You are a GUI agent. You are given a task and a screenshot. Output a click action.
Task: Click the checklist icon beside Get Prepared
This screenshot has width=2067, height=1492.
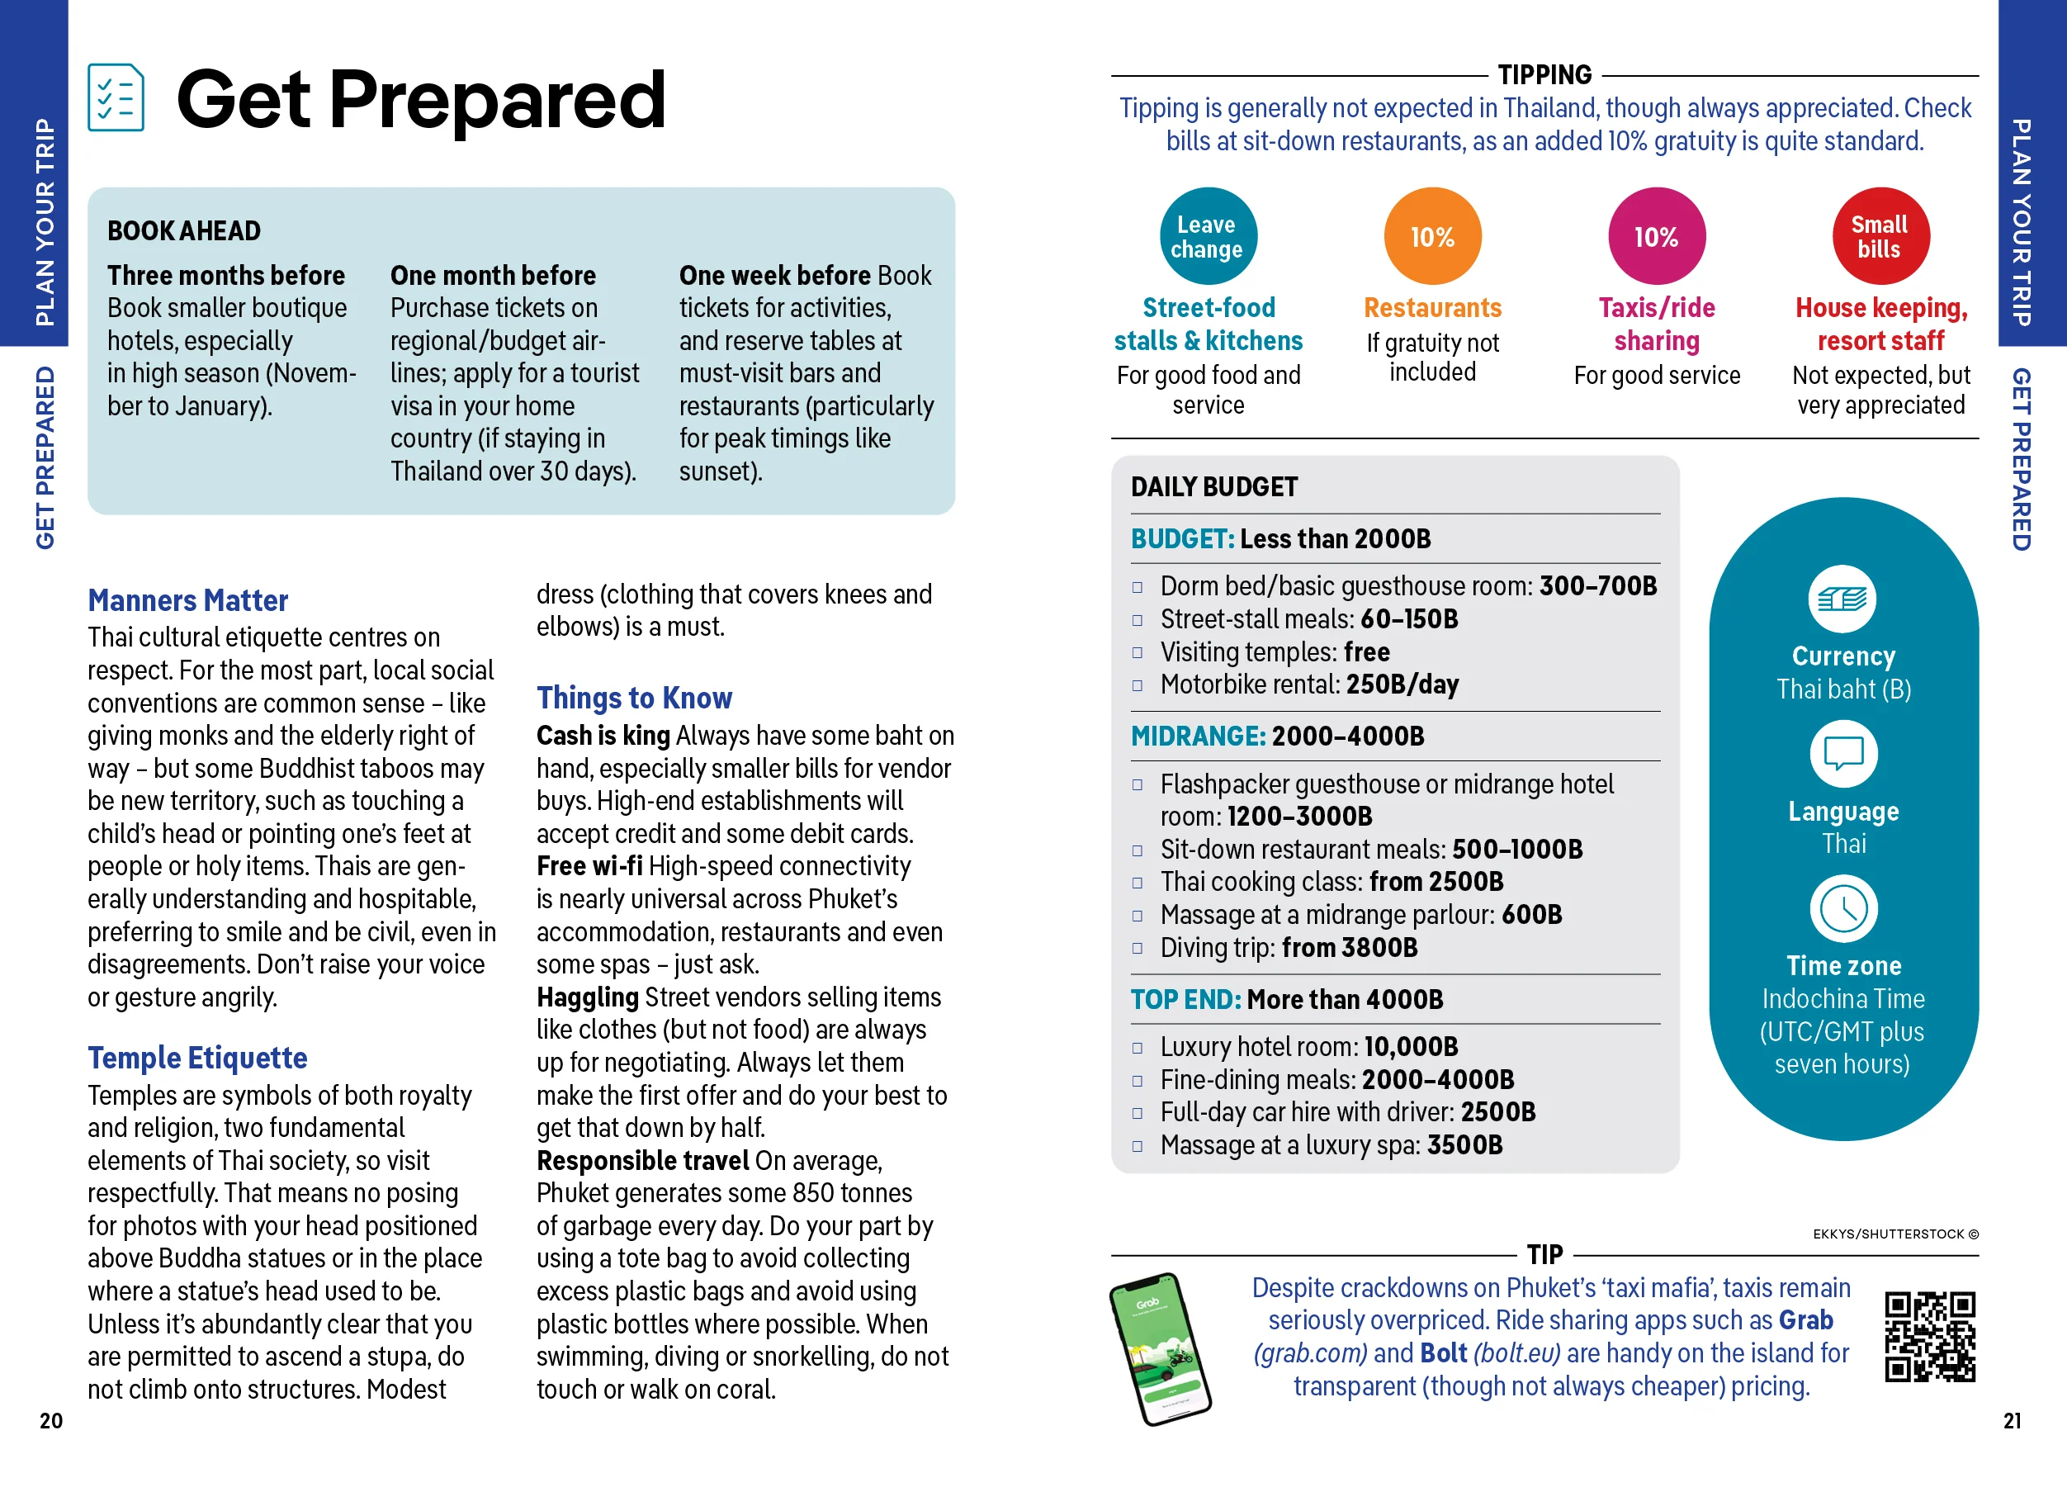116,97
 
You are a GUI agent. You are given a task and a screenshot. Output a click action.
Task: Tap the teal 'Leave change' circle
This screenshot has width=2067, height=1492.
1208,236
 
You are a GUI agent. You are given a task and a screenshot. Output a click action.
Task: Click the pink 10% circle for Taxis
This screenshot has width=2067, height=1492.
1656,236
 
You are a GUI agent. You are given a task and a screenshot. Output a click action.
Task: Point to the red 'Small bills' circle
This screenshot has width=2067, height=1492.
1880,236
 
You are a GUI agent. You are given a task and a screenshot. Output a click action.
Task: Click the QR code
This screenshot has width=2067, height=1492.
1929,1336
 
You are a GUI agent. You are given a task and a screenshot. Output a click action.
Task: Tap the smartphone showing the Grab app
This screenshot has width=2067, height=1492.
1159,1349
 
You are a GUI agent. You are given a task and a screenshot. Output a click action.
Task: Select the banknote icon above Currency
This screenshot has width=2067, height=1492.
1842,599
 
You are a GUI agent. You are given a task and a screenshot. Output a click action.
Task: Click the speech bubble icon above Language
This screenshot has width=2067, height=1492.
1842,754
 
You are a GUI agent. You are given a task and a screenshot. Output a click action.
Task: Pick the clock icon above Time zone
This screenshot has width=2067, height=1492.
1842,909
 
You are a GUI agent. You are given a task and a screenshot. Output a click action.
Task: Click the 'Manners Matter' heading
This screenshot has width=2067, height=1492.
187,600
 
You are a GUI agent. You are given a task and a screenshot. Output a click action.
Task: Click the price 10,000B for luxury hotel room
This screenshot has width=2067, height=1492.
1411,1046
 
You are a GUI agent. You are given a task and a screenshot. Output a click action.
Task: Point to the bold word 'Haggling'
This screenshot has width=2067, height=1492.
587,997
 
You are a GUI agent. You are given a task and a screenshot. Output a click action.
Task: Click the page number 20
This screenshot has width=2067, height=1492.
51,1420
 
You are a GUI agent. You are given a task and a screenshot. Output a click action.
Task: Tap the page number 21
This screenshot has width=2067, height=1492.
2013,1420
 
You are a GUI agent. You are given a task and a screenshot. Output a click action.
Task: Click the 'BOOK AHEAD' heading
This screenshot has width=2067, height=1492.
184,230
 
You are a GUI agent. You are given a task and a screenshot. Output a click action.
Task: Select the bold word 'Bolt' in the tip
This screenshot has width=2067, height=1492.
1443,1352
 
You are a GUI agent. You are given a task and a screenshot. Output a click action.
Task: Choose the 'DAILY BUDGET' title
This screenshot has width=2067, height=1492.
1214,486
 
